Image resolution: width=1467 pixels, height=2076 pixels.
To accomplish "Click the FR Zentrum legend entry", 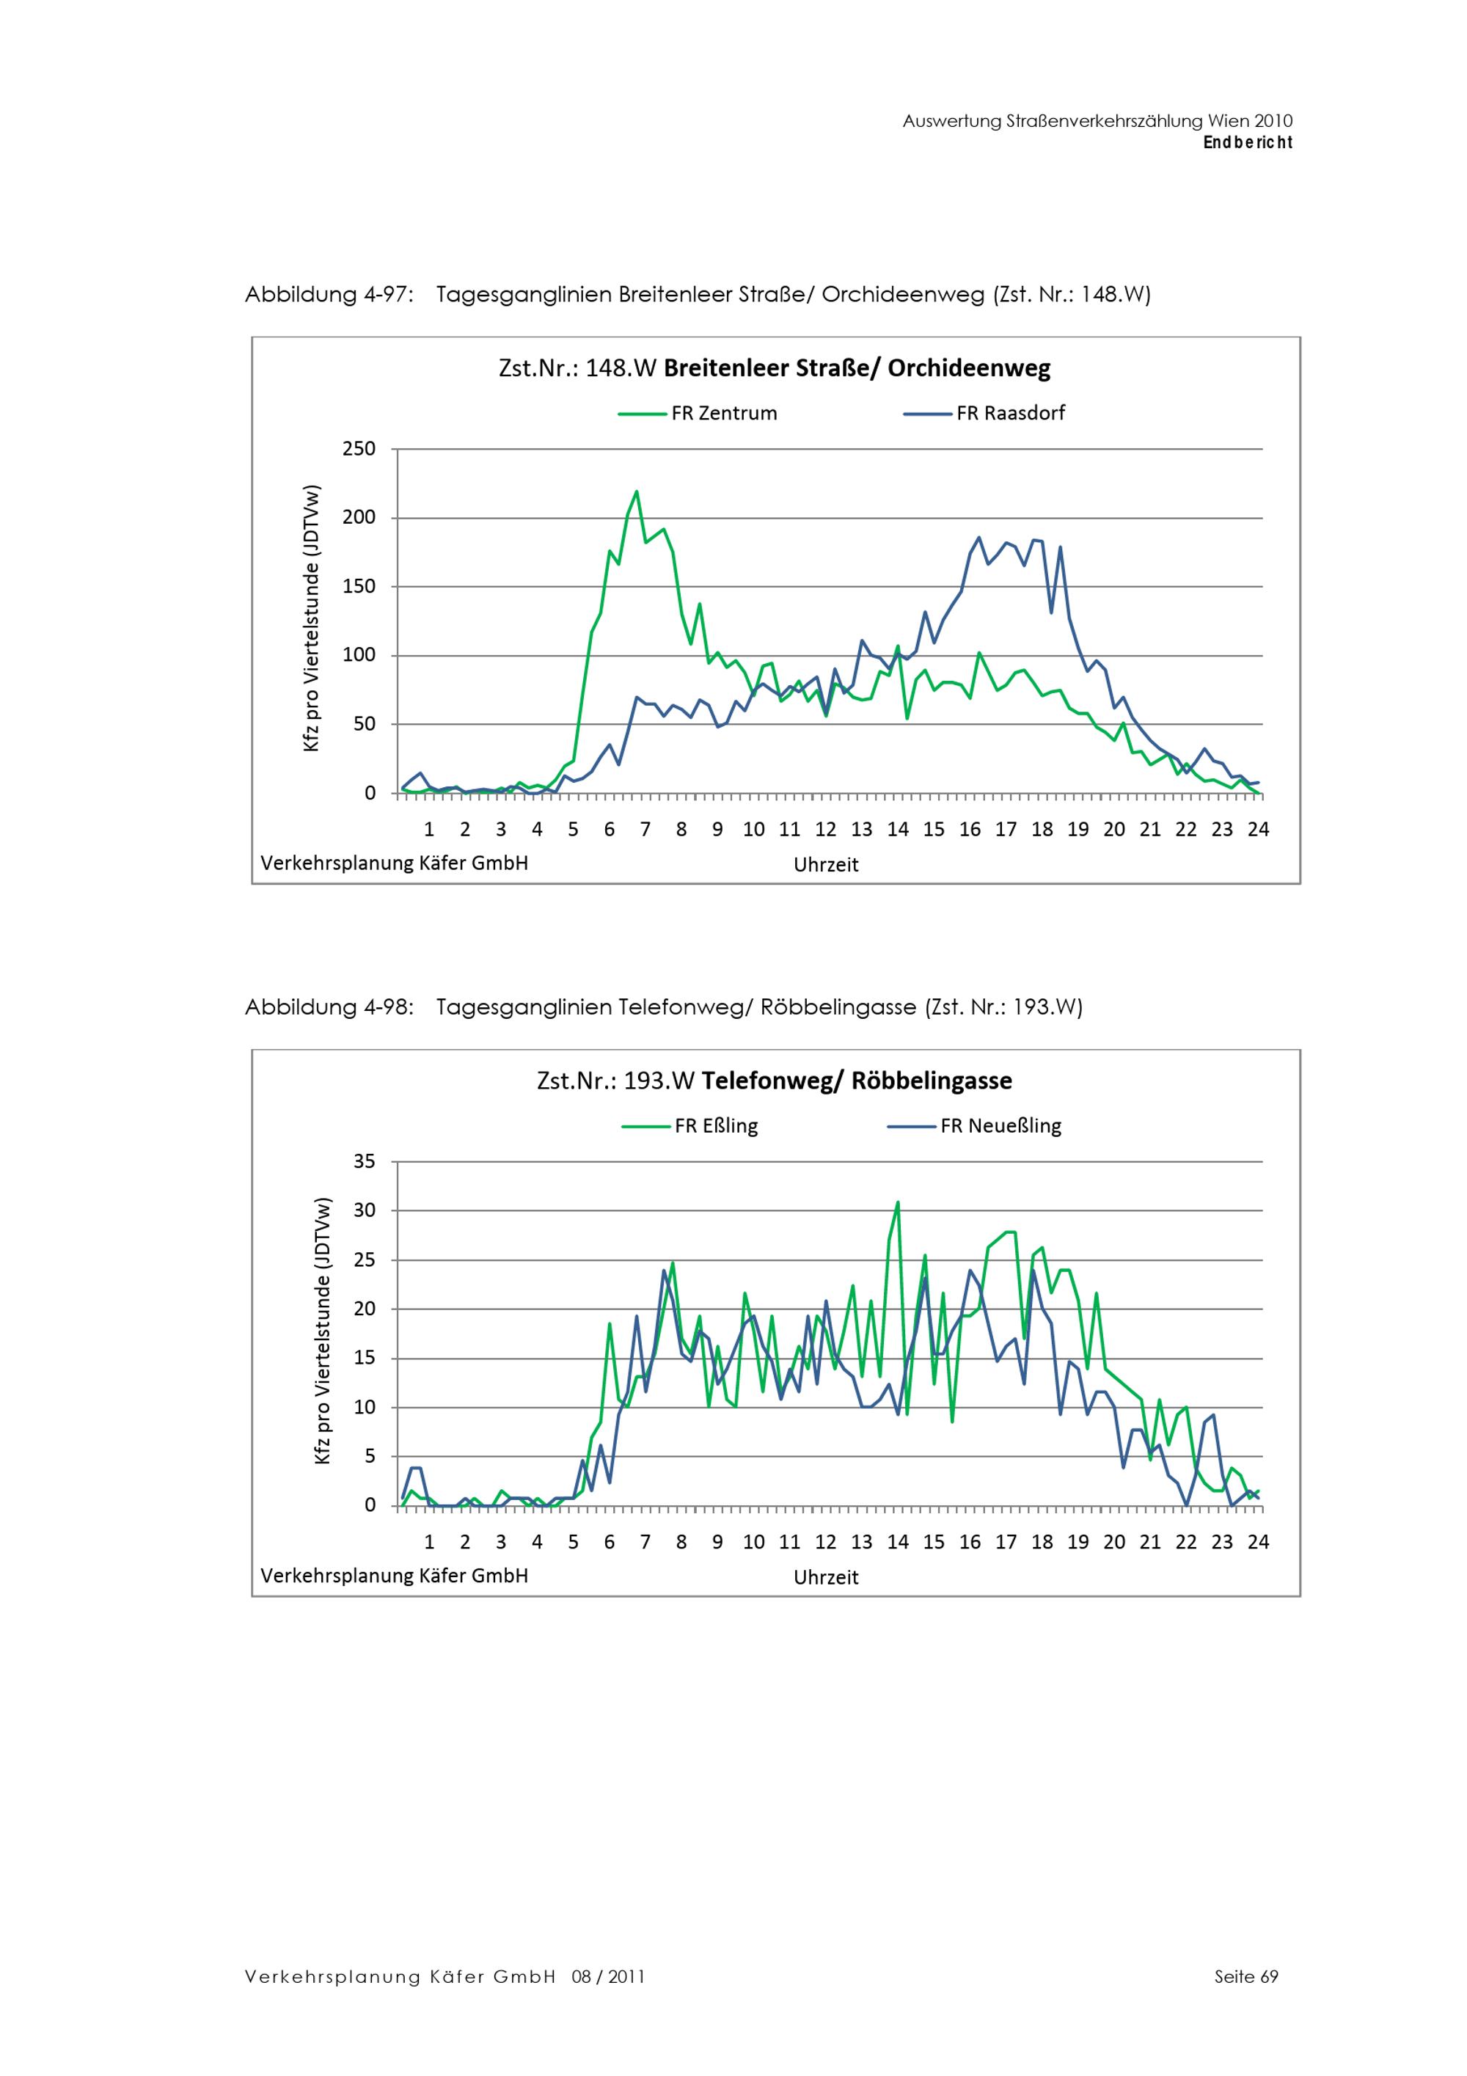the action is click(x=698, y=413).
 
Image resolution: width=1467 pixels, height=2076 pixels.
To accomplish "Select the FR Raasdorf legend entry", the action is click(x=984, y=413).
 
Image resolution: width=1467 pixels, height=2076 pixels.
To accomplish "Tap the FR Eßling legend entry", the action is click(x=689, y=1126).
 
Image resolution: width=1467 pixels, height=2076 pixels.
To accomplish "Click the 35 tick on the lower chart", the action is click(x=365, y=1161).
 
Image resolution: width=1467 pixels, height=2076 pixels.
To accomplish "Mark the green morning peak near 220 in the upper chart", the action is click(x=637, y=492).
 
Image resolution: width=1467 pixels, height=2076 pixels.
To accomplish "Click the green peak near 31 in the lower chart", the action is click(x=898, y=1202).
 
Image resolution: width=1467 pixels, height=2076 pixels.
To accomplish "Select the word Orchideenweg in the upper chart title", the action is click(x=969, y=369).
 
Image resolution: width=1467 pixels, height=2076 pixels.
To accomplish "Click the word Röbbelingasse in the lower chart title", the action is click(x=932, y=1081).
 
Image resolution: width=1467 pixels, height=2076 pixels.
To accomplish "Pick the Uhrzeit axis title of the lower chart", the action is click(x=826, y=1577).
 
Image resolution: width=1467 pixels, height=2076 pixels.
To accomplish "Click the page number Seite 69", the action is click(x=1246, y=1976).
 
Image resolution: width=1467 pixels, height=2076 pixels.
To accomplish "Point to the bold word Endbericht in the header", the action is click(x=1248, y=143).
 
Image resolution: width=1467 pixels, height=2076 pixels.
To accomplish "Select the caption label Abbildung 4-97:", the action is click(x=330, y=295).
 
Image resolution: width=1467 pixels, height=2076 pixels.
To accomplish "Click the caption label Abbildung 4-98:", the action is click(x=330, y=1007).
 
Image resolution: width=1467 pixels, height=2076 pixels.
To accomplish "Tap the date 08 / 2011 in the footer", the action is click(x=608, y=1976).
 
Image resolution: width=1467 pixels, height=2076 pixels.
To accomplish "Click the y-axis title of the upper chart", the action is click(x=312, y=619).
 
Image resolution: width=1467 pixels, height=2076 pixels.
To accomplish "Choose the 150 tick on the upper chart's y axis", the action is click(x=359, y=587).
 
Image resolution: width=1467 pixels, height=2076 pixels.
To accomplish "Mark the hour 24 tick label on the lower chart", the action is click(x=1258, y=1542).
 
